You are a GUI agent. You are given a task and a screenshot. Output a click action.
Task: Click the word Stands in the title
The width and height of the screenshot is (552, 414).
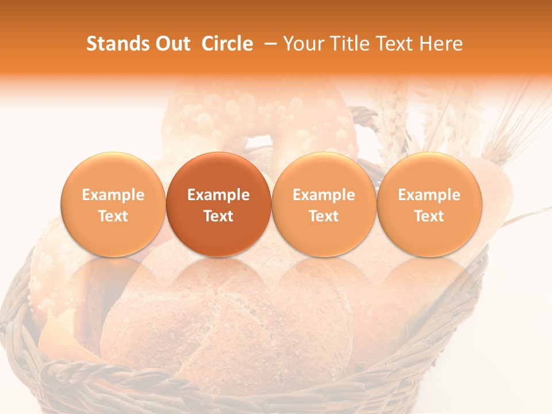116,44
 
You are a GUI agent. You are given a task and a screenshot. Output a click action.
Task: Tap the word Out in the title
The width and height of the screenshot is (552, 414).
171,44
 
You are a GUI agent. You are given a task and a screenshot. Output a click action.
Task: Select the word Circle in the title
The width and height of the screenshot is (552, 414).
227,44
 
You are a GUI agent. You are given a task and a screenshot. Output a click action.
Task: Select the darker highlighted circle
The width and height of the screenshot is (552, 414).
218,204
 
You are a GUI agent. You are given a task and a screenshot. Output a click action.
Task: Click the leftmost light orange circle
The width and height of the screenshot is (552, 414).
113,204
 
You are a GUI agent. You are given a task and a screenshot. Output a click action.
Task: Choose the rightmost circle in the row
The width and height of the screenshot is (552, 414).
429,204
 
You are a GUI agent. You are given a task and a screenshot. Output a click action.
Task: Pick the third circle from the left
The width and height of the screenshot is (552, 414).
324,204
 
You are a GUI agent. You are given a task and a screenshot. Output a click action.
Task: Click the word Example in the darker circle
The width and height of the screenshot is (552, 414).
218,195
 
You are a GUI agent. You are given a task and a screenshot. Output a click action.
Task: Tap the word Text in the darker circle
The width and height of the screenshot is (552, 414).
218,216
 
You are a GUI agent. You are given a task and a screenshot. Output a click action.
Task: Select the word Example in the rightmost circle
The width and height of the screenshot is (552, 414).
429,195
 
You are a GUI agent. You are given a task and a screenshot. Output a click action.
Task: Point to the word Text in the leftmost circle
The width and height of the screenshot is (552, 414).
113,216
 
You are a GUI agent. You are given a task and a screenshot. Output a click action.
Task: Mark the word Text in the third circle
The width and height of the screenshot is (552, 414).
324,216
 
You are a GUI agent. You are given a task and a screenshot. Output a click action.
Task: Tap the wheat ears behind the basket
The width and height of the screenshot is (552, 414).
494,126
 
